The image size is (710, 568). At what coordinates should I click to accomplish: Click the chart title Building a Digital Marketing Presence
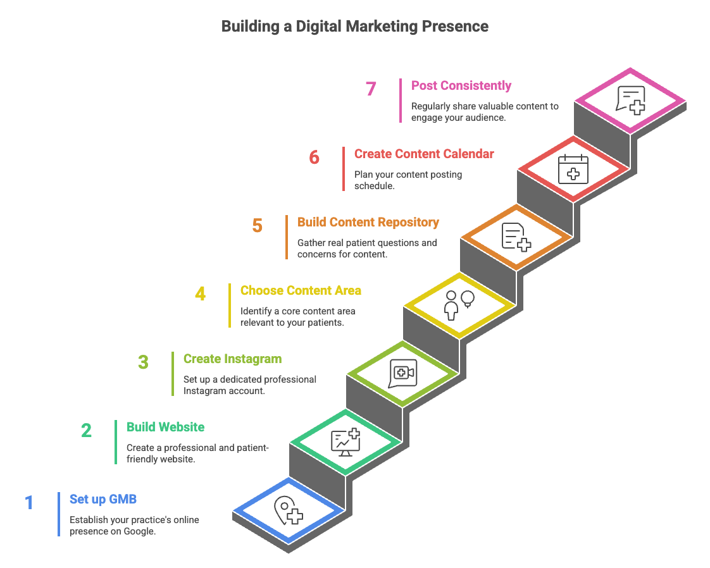(355, 27)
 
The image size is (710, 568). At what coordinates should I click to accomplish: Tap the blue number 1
(29, 503)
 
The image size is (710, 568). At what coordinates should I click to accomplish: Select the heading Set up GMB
(103, 500)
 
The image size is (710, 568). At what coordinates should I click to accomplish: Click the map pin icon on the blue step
(288, 510)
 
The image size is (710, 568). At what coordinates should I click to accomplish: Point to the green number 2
(86, 431)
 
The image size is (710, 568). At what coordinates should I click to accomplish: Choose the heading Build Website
(165, 427)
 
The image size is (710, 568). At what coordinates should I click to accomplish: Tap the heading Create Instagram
(232, 359)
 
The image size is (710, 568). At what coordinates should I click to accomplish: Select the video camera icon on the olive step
(402, 373)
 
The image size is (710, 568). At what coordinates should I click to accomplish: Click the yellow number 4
(200, 294)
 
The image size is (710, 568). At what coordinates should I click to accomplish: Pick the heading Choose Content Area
(301, 290)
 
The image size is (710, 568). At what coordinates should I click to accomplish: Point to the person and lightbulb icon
(459, 305)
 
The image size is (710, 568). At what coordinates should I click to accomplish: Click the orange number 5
(257, 226)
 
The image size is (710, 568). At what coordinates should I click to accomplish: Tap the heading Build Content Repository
(368, 222)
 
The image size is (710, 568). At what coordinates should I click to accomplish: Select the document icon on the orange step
(516, 237)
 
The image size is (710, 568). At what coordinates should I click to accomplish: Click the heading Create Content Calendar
(424, 154)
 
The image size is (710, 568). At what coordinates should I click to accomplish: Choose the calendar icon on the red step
(573, 169)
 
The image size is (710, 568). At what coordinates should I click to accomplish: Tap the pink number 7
(371, 89)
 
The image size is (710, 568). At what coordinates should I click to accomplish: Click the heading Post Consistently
(461, 85)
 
